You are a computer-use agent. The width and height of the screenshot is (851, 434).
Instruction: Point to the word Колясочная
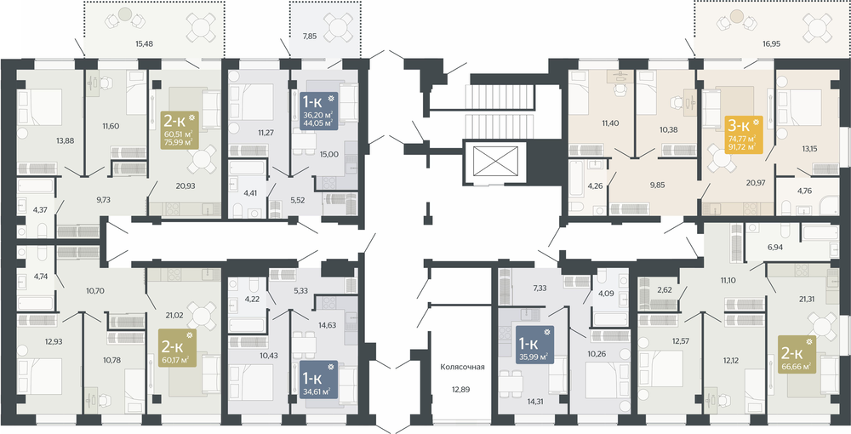[x=462, y=368]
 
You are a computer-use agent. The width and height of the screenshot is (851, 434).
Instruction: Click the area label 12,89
[x=462, y=391]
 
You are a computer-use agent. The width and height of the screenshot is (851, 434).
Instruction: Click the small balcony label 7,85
[x=311, y=37]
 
